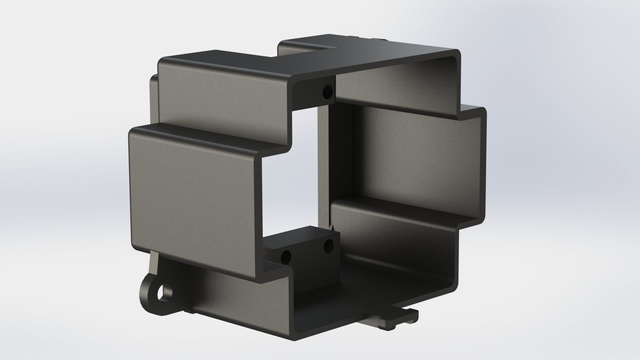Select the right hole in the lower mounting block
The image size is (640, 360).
[x=328, y=246]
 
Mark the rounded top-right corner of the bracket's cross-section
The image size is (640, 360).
[x=457, y=55]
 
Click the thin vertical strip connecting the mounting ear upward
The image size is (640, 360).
[x=154, y=267]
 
